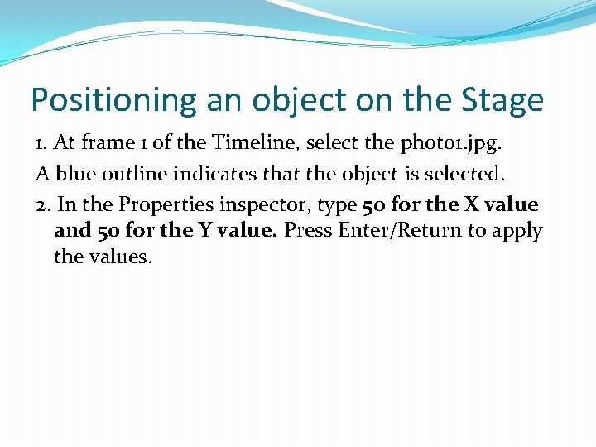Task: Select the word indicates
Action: tap(213, 175)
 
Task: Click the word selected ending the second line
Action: tap(464, 175)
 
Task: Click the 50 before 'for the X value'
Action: tap(372, 205)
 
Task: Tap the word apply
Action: tap(518, 231)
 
